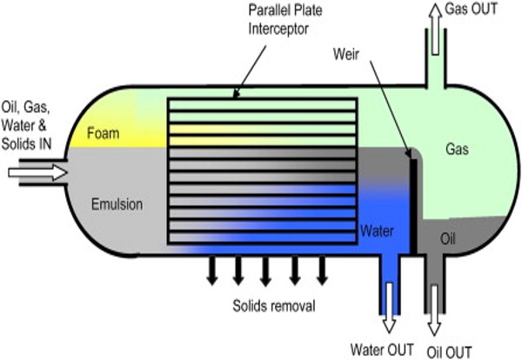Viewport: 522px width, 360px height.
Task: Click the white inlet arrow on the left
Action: click(x=37, y=174)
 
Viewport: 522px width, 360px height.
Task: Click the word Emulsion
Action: click(x=118, y=206)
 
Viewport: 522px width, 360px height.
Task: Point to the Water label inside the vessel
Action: click(x=377, y=231)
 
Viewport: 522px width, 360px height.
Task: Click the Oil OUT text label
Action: click(x=452, y=351)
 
